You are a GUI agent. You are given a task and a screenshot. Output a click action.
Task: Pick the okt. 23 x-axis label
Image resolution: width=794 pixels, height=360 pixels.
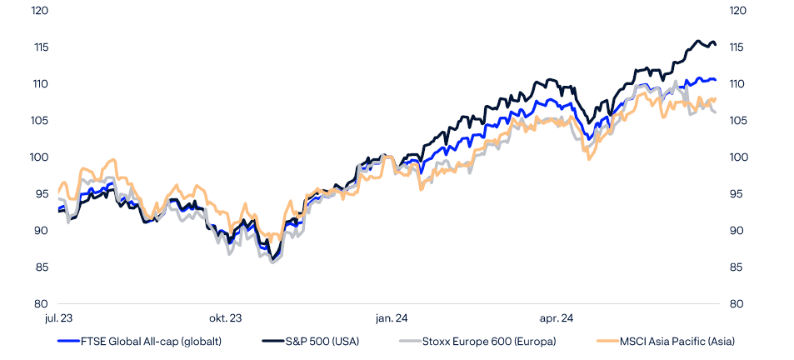click(226, 317)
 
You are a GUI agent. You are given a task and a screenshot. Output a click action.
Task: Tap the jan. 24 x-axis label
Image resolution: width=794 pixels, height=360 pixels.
click(391, 317)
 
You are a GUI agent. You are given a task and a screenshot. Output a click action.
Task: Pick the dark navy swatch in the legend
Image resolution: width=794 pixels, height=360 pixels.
click(272, 341)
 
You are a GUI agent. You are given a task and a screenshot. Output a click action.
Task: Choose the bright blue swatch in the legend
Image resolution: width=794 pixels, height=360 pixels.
click(67, 341)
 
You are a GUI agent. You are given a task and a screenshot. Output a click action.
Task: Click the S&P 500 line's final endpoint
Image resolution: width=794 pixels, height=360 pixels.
click(715, 45)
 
